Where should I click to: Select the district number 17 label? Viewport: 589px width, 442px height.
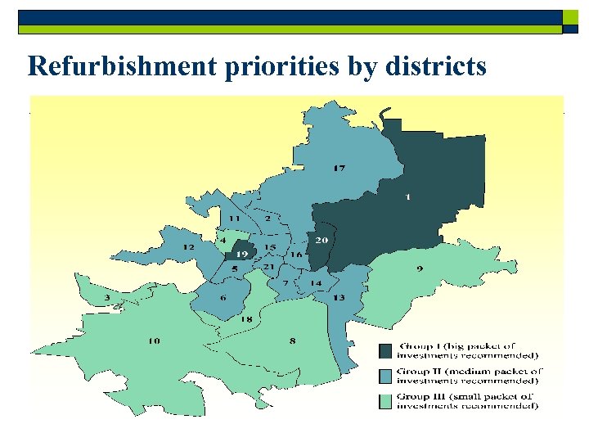click(x=339, y=169)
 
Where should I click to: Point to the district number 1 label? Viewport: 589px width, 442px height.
click(x=407, y=196)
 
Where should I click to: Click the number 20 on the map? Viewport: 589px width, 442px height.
click(x=321, y=240)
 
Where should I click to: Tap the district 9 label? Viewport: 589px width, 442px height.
click(x=420, y=269)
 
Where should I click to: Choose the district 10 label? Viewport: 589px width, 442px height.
click(x=154, y=341)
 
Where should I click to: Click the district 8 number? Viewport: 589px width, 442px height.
click(x=292, y=341)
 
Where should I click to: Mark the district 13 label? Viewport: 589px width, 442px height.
click(x=338, y=297)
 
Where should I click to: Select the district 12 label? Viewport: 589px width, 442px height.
click(x=188, y=246)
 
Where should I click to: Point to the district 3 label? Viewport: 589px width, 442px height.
click(x=106, y=297)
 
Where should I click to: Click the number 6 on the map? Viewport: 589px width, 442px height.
click(x=223, y=298)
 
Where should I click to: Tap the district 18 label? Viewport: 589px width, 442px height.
click(x=245, y=318)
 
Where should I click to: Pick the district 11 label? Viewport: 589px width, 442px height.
click(x=234, y=219)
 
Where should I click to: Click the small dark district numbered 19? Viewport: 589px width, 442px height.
click(x=241, y=254)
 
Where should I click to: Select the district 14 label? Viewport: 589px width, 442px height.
click(x=315, y=283)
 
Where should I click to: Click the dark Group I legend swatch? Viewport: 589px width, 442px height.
click(x=384, y=350)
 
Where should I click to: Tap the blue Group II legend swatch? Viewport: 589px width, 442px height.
click(x=384, y=376)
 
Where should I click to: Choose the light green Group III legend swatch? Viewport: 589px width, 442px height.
click(x=384, y=401)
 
